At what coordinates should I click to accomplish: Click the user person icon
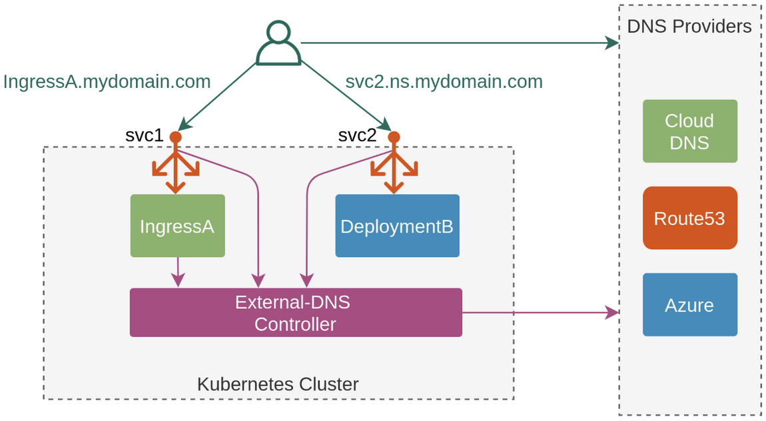278,43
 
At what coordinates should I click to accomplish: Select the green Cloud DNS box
689,131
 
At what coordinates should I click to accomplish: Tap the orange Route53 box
689,218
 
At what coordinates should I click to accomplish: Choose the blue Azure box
689,304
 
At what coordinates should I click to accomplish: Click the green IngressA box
177,226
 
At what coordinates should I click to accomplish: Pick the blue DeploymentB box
397,226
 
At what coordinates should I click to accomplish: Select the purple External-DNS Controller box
295,312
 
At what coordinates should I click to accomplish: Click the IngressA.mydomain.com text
107,81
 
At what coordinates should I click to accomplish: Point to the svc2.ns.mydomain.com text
444,81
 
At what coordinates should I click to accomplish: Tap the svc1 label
144,135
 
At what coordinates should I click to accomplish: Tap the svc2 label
357,135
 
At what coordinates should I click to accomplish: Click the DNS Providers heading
689,27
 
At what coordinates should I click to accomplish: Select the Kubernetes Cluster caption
278,384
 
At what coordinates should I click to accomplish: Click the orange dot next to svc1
175,137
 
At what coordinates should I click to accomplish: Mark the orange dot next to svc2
394,137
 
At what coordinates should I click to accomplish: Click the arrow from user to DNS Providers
460,43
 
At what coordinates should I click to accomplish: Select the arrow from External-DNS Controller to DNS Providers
540,312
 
